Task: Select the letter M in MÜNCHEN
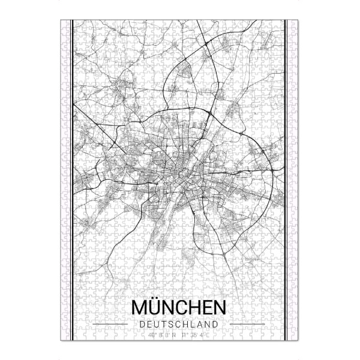[140, 307]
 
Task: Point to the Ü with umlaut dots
[157, 307]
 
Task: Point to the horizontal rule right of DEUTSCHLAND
[247, 325]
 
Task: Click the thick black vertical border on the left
[72, 180]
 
